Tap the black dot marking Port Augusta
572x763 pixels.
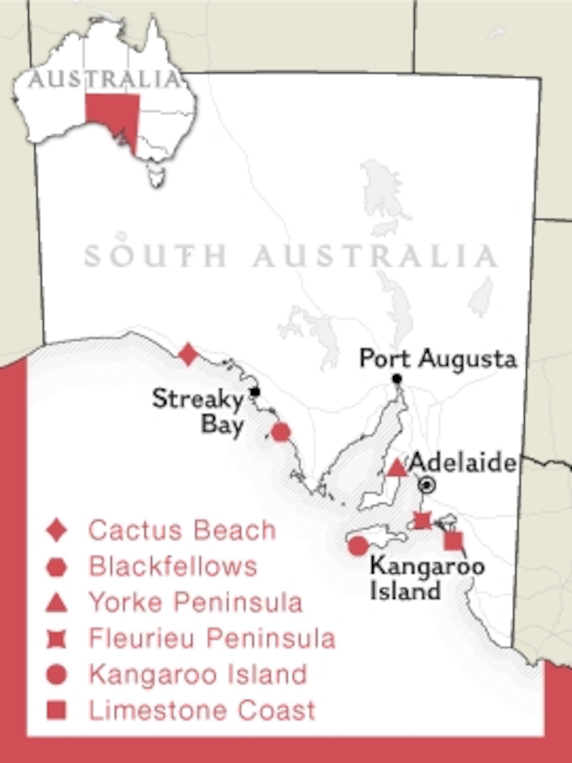(x=397, y=379)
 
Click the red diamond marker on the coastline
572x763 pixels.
(x=188, y=354)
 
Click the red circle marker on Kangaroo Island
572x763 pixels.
(x=358, y=546)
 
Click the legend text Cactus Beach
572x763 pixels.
(x=182, y=530)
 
